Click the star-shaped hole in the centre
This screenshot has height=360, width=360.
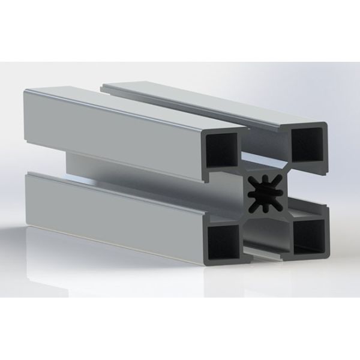point(265,191)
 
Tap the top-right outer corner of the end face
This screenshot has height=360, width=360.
point(328,124)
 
